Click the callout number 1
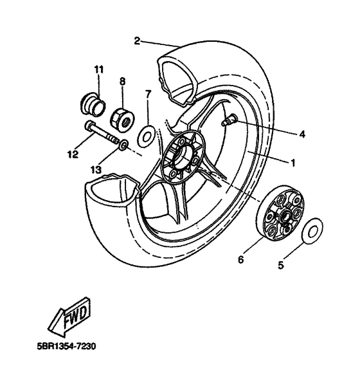[293, 163]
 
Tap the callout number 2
[137, 41]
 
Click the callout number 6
[242, 261]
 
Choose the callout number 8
[122, 82]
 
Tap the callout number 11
[99, 69]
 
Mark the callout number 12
[73, 154]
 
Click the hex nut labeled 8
[121, 118]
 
